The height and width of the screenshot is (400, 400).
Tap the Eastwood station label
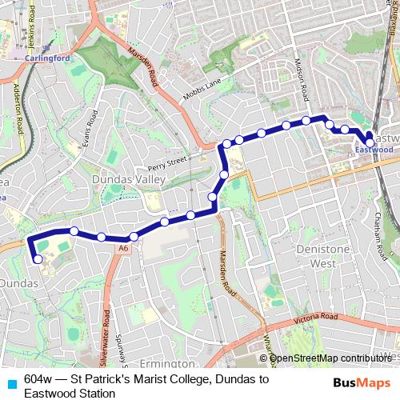tap(374, 149)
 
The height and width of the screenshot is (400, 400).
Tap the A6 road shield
tap(122, 249)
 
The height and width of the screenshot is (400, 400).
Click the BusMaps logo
tap(361, 381)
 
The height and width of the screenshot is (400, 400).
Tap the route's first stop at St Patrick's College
tap(38, 259)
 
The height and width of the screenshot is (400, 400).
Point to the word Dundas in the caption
tap(241, 378)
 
